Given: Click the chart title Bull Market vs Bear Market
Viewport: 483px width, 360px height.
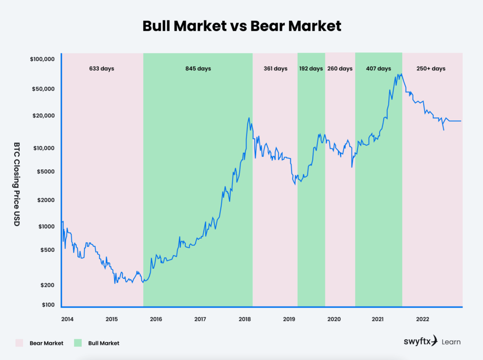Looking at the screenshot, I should [241, 25].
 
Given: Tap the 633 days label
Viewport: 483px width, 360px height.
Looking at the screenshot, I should [101, 68].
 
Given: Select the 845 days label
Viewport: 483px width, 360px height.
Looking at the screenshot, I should [198, 68].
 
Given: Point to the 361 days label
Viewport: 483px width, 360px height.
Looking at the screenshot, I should [275, 68].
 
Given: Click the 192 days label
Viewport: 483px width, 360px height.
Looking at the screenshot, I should [311, 68].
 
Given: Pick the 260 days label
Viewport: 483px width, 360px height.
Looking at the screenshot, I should [340, 68].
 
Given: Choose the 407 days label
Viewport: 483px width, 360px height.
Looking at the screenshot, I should [378, 68].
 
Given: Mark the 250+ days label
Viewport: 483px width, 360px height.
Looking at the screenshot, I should [431, 68].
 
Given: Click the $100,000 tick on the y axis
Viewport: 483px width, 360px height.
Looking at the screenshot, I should [42, 59].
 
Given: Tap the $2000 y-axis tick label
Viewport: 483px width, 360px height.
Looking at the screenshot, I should [46, 200].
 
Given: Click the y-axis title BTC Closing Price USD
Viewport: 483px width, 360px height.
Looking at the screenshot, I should [17, 184].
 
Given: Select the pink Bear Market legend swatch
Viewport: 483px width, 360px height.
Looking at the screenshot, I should [19, 343].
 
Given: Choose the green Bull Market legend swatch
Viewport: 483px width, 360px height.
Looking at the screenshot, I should [78, 343].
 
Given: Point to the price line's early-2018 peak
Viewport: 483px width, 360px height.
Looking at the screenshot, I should [249, 118].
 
